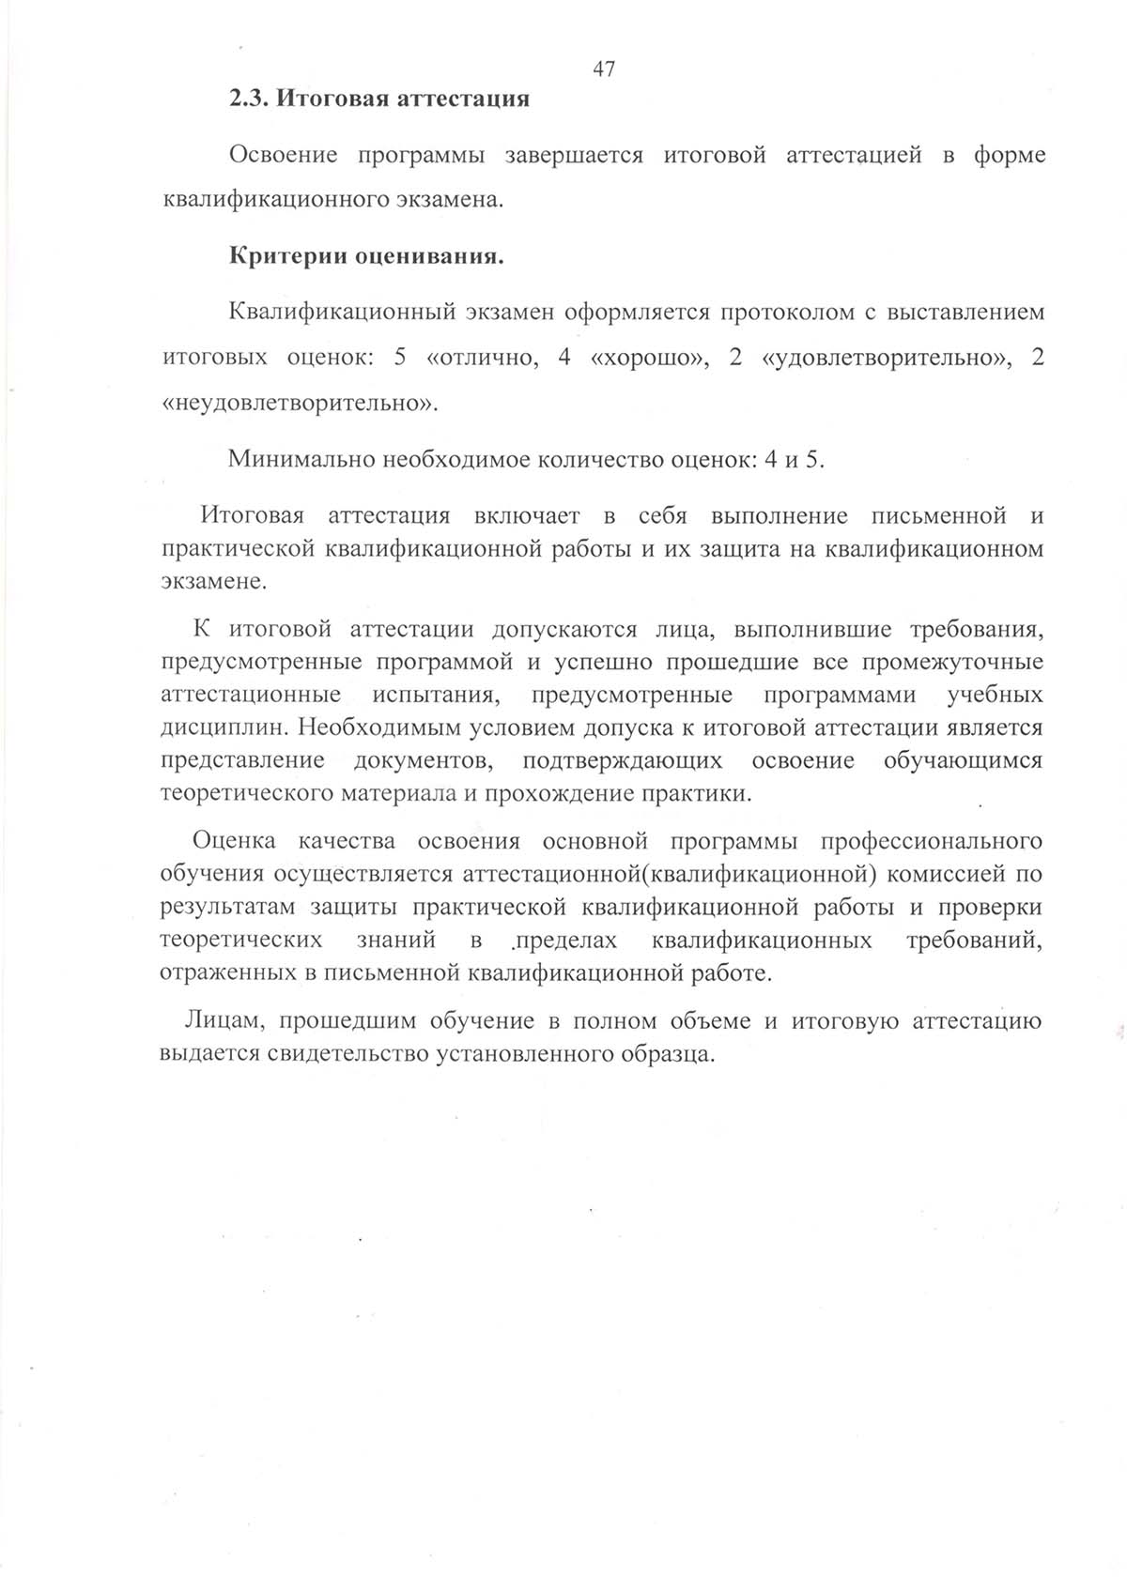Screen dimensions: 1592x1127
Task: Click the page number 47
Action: point(605,69)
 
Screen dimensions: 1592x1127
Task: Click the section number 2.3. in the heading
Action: point(250,99)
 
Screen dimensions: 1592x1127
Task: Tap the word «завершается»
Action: point(574,156)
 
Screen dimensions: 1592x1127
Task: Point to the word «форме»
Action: point(1009,156)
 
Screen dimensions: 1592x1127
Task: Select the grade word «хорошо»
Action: point(649,359)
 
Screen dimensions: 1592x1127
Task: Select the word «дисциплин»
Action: point(225,727)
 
